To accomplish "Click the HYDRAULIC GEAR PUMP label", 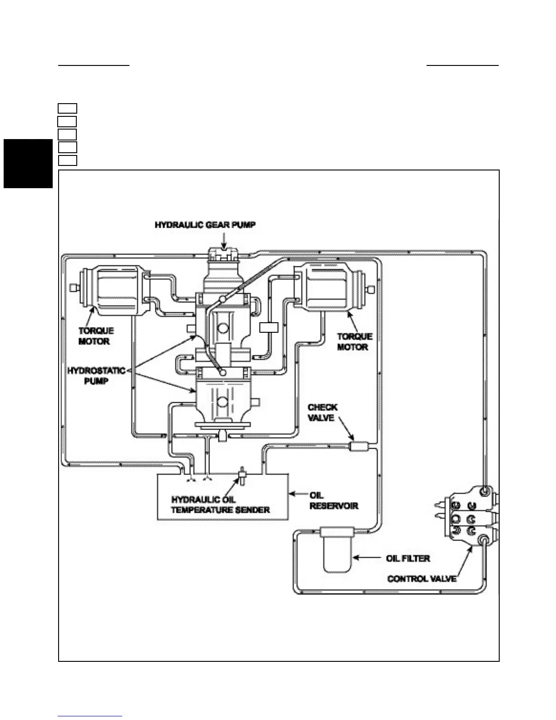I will pyautogui.click(x=205, y=225).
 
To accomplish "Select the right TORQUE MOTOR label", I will pyautogui.click(x=354, y=341).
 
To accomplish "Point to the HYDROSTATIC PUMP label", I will pyautogui.click(x=96, y=375).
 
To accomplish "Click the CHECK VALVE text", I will pyautogui.click(x=322, y=412).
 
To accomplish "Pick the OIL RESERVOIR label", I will pyautogui.click(x=333, y=500).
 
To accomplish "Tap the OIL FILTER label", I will pyautogui.click(x=407, y=558).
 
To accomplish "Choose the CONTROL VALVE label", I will pyautogui.click(x=422, y=579).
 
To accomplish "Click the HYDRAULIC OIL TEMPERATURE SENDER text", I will pyautogui.click(x=220, y=505).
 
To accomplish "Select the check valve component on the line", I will pyautogui.click(x=358, y=447).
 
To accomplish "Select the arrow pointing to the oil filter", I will pyautogui.click(x=367, y=558).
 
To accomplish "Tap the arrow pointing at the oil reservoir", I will pyautogui.click(x=298, y=494).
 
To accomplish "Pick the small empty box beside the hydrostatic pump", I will pyautogui.click(x=268, y=327).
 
